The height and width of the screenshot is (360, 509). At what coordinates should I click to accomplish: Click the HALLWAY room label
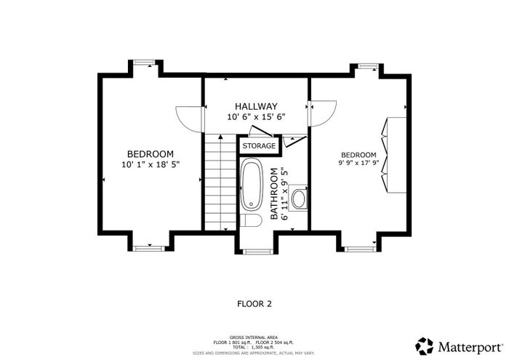click(x=256, y=106)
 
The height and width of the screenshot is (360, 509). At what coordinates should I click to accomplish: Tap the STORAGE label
click(x=259, y=145)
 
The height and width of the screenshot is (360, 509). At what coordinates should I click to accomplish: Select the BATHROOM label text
click(x=274, y=193)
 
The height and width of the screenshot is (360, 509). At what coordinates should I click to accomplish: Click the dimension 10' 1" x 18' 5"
click(x=151, y=164)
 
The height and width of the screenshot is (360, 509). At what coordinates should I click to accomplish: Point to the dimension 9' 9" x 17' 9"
click(x=358, y=163)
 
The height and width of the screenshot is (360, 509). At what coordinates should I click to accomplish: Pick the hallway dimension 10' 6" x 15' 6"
click(x=256, y=117)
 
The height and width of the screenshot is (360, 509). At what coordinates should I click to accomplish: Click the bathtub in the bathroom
click(x=252, y=184)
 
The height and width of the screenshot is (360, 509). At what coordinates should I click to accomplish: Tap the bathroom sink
click(x=299, y=198)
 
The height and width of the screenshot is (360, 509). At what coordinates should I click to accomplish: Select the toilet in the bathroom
click(x=252, y=220)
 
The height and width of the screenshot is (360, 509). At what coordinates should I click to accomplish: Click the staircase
click(x=220, y=182)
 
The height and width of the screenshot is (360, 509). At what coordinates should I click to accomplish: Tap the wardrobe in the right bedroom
click(x=394, y=155)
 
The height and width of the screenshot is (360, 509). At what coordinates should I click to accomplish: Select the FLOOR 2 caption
click(x=254, y=304)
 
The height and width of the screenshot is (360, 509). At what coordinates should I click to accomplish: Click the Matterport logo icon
click(x=424, y=346)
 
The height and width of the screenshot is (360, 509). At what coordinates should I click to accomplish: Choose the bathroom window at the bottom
click(x=257, y=251)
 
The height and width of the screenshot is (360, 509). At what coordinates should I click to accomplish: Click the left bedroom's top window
click(x=145, y=63)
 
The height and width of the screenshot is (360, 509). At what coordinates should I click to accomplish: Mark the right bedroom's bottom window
click(x=358, y=249)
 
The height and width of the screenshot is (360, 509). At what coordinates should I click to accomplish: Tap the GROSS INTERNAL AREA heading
click(x=254, y=337)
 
